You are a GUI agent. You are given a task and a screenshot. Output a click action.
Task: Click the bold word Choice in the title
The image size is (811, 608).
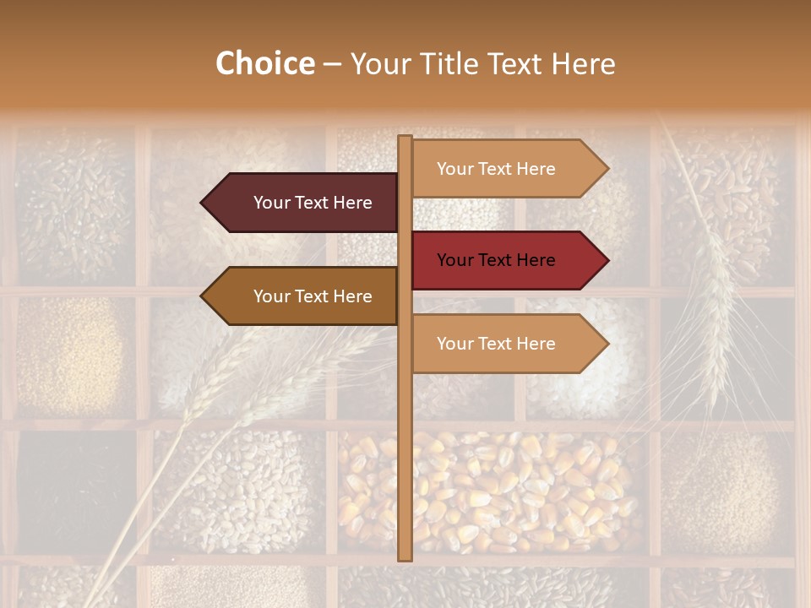[264, 64]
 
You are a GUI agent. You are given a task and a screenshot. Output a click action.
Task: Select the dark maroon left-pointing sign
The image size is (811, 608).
[304, 203]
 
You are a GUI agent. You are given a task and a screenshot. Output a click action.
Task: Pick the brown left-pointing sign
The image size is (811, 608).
[304, 296]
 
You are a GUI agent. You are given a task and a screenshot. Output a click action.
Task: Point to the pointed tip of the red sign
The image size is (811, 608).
[607, 260]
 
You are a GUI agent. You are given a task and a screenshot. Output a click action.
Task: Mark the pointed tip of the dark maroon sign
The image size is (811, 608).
[202, 203]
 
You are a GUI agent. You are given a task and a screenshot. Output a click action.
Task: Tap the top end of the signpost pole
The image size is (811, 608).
[405, 138]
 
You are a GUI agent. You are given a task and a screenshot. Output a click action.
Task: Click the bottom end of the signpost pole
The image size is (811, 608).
[405, 558]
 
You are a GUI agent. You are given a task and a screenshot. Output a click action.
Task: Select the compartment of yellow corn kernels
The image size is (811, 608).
[490, 490]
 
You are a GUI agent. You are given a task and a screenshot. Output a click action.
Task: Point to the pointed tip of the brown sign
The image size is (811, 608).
[202, 296]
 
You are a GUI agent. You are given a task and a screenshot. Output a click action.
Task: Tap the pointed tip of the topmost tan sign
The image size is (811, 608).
[607, 169]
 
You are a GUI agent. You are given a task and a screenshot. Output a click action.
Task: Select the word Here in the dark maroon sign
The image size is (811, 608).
[352, 203]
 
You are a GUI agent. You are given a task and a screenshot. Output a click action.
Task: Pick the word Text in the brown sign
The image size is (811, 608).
[312, 296]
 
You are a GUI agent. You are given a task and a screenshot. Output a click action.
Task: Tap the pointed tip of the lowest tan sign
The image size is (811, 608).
[607, 344]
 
